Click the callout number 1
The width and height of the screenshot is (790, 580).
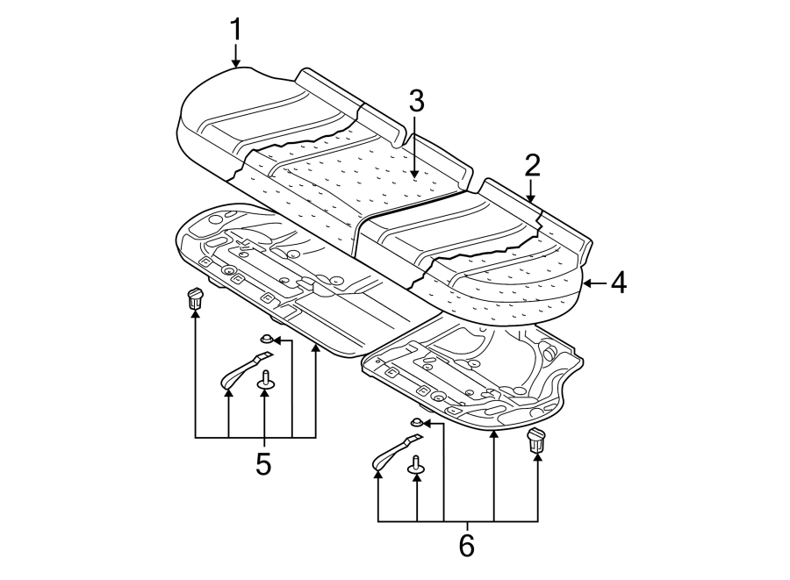[x=235, y=28]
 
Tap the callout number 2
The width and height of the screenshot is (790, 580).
[x=532, y=164]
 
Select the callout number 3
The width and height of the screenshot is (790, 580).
[x=415, y=101]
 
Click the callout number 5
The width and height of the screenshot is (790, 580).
[x=263, y=463]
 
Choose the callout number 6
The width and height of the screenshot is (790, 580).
[x=465, y=544]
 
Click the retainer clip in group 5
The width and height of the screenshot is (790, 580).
[x=195, y=297]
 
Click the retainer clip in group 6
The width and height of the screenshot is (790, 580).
[x=536, y=440]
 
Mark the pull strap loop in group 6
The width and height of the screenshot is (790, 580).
[x=395, y=453]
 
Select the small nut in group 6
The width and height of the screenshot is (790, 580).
[x=417, y=423]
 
